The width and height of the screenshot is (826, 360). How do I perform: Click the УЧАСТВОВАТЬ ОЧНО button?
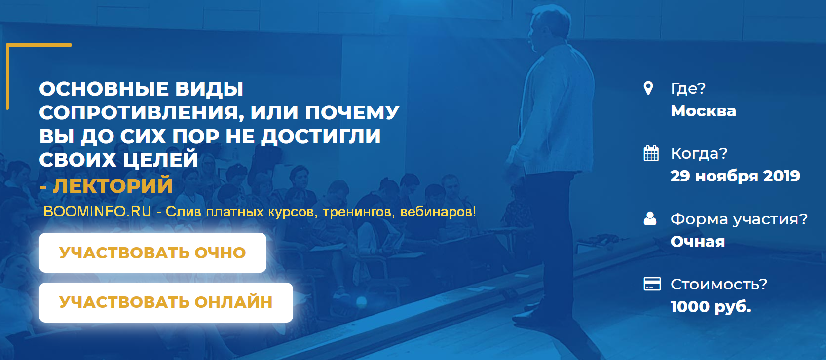pos(152,252)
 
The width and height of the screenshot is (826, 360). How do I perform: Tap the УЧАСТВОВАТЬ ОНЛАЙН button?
pos(166,302)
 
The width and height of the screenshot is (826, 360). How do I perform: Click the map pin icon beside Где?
pos(649,88)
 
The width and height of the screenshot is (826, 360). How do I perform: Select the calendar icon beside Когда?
pos(651,153)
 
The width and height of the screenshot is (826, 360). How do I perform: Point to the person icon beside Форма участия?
pos(650,218)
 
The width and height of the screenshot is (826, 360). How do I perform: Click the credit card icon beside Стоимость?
pos(652,284)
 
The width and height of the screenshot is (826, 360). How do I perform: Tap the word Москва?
pos(703,111)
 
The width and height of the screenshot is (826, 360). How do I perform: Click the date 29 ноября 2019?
pos(735,176)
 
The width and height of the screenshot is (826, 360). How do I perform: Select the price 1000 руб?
pos(711,307)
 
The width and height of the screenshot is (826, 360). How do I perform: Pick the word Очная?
pos(698,242)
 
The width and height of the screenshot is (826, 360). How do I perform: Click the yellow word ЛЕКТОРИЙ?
pos(113,186)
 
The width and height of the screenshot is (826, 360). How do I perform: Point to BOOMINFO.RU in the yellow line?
pos(97,212)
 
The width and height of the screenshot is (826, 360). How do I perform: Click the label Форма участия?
pos(739,218)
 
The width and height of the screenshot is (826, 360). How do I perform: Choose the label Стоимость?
pos(719,284)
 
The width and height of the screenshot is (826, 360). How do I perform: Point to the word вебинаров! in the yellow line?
pos(438,212)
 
